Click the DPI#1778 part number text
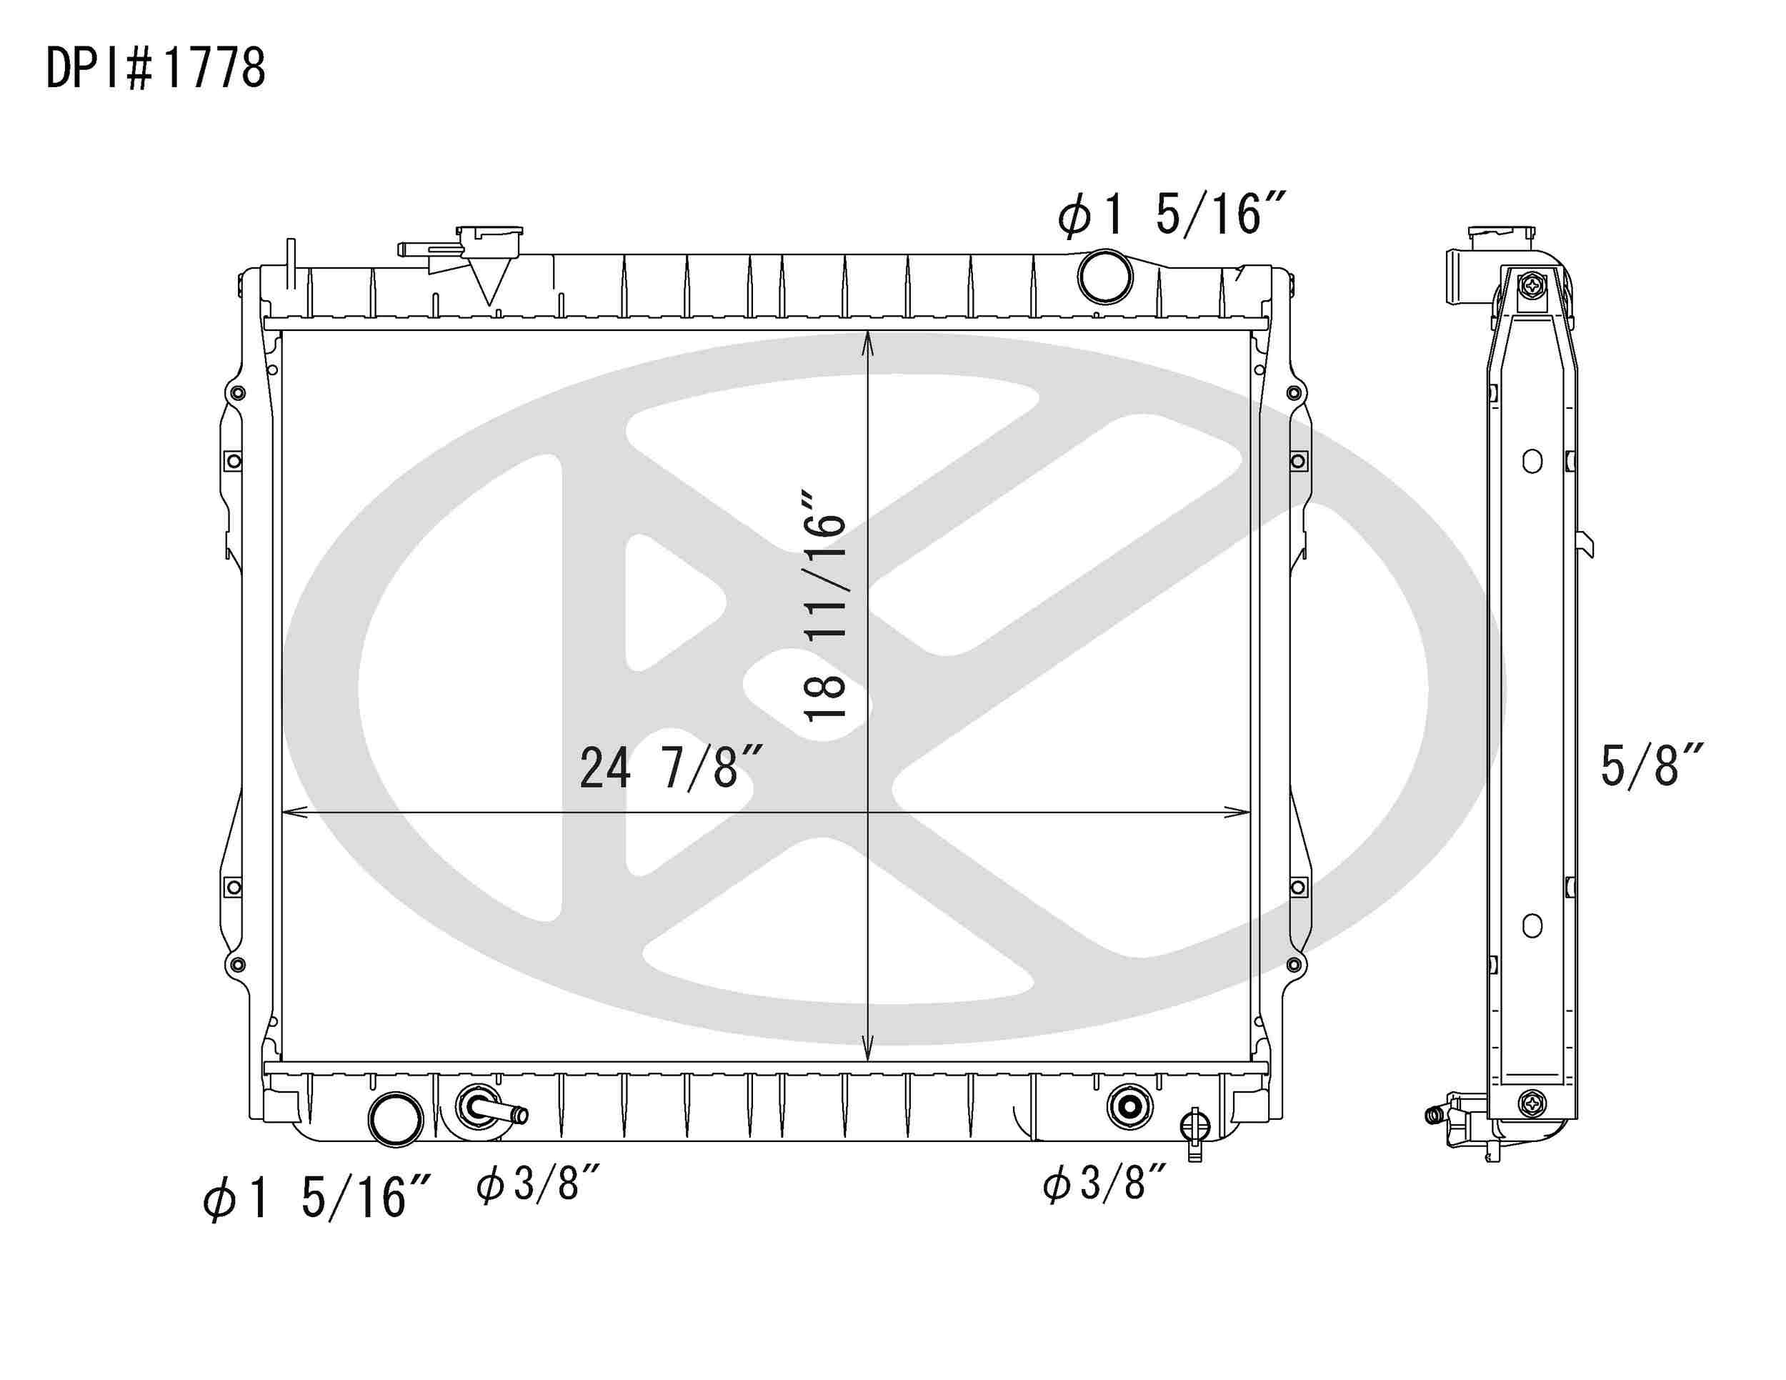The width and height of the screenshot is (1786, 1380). click(155, 69)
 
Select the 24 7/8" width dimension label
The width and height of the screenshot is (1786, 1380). click(671, 768)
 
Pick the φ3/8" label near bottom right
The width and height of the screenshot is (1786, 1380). click(1104, 1183)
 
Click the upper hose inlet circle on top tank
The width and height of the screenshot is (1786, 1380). click(1104, 277)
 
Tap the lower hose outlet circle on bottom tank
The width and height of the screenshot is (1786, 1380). click(396, 1119)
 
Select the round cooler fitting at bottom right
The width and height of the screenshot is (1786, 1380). click(1129, 1106)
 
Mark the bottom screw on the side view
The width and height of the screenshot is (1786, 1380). click(1532, 1103)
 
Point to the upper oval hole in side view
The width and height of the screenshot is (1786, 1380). click(1532, 462)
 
